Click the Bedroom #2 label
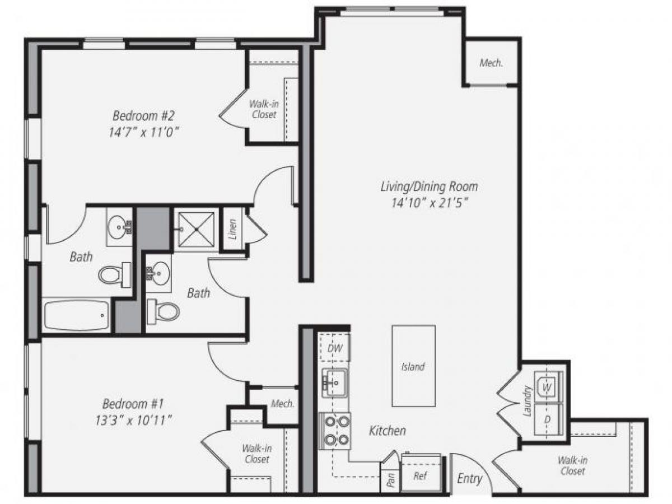tap(144, 116)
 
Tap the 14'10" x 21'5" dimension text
tap(429, 203)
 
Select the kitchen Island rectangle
tap(413, 366)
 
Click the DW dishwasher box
tap(334, 348)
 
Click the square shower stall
tap(195, 229)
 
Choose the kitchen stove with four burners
tap(335, 431)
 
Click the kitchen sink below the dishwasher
tap(334, 382)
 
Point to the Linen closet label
tap(233, 228)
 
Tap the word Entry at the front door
tap(469, 478)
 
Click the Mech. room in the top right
tap(491, 63)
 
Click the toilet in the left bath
tap(114, 274)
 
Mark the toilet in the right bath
tap(163, 310)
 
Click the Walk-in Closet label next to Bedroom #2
tap(264, 109)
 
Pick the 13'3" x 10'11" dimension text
tap(133, 420)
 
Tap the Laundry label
tap(526, 402)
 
